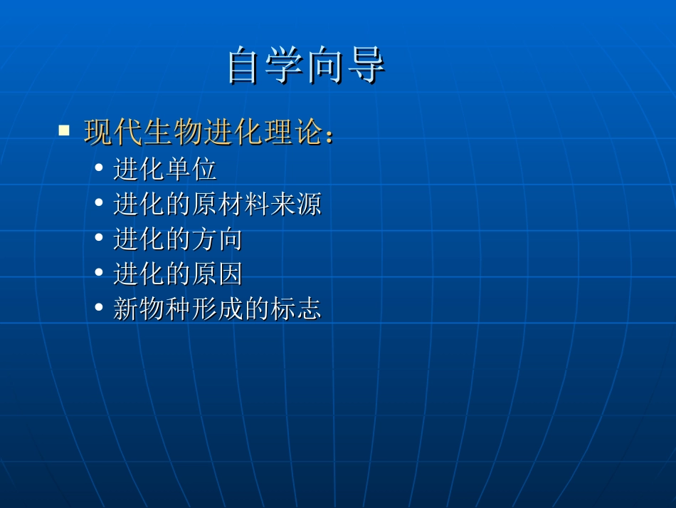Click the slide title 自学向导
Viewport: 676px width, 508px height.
pyautogui.click(x=306, y=66)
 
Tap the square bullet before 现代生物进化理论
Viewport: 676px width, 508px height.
pyautogui.click(x=64, y=131)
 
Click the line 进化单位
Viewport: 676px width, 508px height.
pyautogui.click(x=165, y=170)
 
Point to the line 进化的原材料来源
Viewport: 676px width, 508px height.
pyautogui.click(x=217, y=204)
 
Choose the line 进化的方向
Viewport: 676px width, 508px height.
pyautogui.click(x=178, y=239)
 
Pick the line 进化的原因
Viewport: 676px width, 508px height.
pyautogui.click(x=178, y=274)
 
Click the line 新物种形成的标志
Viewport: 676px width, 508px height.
pyautogui.click(x=217, y=309)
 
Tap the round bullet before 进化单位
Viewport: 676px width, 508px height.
pyautogui.click(x=99, y=170)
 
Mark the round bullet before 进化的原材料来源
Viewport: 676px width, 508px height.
pyautogui.click(x=99, y=204)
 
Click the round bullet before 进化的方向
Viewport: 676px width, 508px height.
pyautogui.click(x=99, y=239)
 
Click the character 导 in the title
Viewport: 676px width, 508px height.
pyautogui.click(x=366, y=66)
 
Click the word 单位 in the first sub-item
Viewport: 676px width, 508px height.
pyautogui.click(x=191, y=170)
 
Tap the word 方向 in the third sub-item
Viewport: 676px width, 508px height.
pyautogui.click(x=217, y=239)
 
